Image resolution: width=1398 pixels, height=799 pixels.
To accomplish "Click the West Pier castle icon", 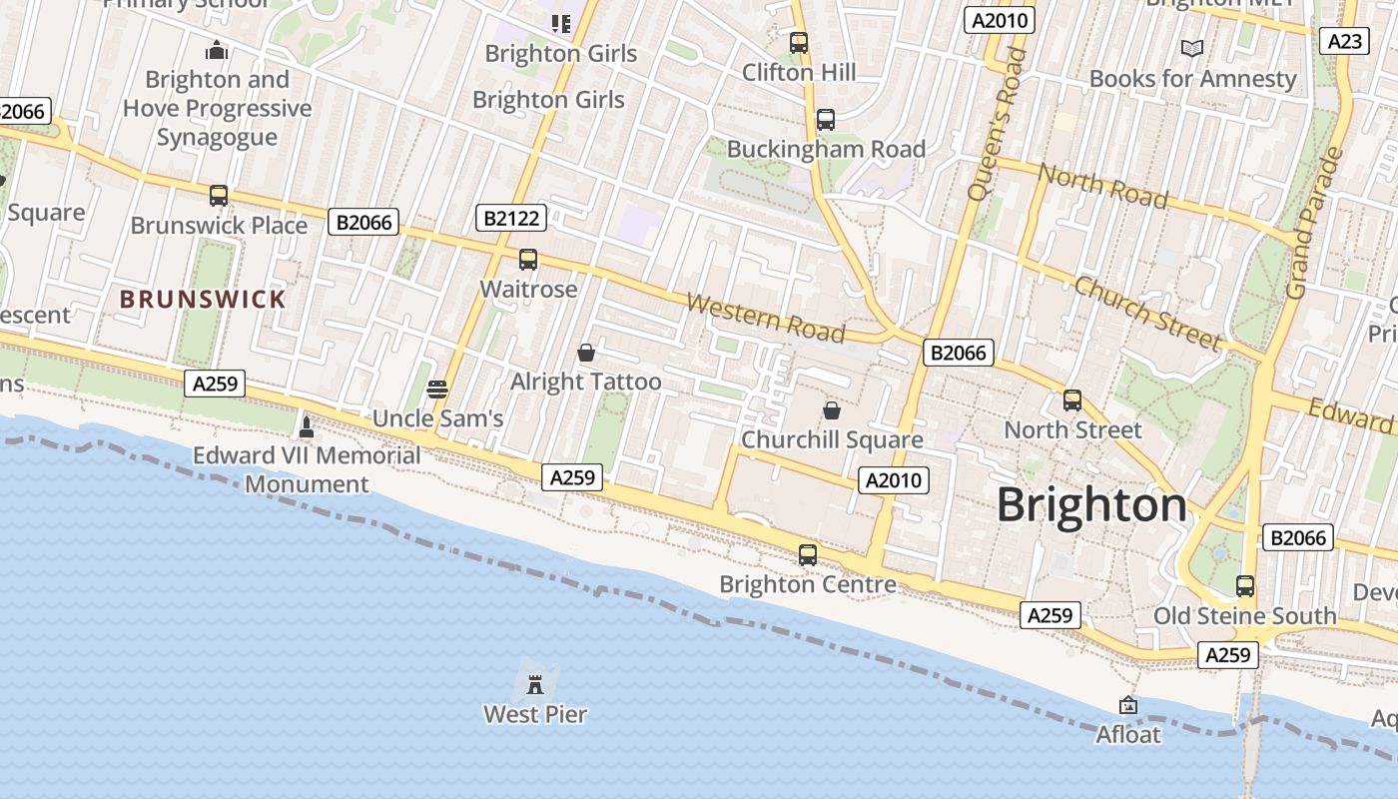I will click(x=535, y=685).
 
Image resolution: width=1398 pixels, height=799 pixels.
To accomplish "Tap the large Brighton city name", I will click(x=1091, y=505).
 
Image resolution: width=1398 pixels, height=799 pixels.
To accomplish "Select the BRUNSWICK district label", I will click(x=203, y=299).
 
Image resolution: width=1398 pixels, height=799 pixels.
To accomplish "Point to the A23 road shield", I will click(x=1344, y=41).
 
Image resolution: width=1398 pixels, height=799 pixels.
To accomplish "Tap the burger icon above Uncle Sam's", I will click(x=437, y=390).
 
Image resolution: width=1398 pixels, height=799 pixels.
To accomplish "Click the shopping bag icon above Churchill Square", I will click(x=831, y=410).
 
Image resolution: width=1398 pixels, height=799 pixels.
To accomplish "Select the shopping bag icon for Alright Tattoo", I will click(x=586, y=353).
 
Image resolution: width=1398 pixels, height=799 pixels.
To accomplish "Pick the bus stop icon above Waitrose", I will click(x=528, y=260).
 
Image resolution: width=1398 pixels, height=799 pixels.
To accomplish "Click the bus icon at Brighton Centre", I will click(x=808, y=555).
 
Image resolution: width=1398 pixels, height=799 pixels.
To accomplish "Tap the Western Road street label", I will click(x=766, y=318).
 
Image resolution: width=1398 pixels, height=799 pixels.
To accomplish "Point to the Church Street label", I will click(x=1147, y=313).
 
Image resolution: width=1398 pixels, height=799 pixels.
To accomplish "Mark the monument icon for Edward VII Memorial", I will click(x=307, y=426).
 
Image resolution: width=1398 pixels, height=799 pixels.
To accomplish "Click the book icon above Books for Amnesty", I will click(x=1192, y=48).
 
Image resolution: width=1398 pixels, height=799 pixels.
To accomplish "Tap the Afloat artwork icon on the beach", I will click(x=1128, y=705).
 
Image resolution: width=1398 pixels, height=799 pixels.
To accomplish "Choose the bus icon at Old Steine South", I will click(x=1245, y=586).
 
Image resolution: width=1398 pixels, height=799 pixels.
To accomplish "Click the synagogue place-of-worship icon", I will click(x=217, y=50).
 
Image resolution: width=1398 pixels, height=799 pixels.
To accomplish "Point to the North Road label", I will click(x=1102, y=187).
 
